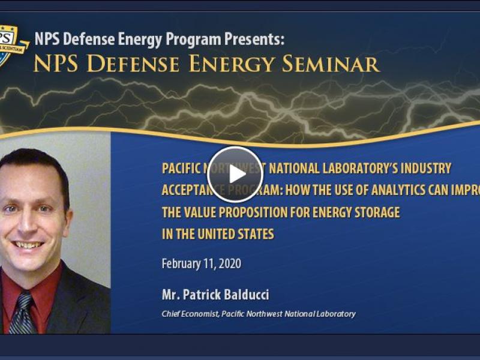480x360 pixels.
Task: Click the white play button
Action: click(235, 174)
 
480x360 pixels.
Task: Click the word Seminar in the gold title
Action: click(335, 64)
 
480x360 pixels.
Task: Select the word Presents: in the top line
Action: click(254, 40)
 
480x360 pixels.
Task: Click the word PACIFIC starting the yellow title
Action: click(180, 168)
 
